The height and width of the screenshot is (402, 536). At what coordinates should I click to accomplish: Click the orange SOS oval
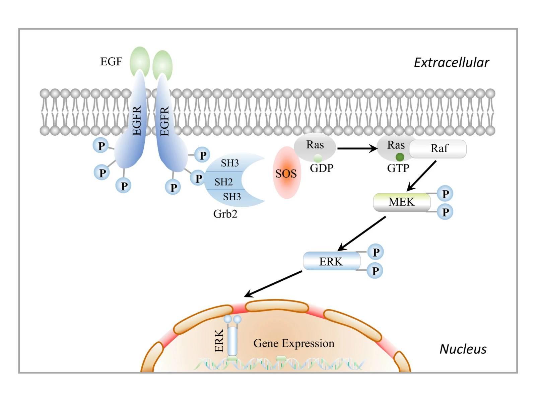[287, 173]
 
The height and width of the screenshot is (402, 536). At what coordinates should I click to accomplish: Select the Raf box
[438, 149]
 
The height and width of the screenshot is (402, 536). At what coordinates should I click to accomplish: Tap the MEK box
[402, 202]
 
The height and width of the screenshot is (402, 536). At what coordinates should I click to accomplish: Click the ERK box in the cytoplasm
[332, 261]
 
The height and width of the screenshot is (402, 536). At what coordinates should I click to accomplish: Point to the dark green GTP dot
[400, 157]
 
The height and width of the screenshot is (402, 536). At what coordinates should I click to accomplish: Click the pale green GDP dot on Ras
[318, 158]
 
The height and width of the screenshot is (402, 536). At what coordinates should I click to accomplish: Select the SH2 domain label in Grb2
[223, 182]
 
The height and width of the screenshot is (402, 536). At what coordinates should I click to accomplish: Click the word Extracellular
[452, 63]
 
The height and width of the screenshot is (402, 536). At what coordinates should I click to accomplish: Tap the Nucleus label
[463, 349]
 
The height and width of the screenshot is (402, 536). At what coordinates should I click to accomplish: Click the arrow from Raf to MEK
[421, 176]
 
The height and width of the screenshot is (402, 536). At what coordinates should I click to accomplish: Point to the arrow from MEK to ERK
[362, 233]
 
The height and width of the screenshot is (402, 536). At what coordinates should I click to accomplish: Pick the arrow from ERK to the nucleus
[273, 284]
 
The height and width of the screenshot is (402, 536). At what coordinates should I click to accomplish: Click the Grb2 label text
[225, 214]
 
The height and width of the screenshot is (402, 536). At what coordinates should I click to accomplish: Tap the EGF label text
[111, 62]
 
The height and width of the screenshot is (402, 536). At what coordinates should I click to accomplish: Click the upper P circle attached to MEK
[445, 194]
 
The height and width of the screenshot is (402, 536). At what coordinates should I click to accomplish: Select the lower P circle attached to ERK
[375, 271]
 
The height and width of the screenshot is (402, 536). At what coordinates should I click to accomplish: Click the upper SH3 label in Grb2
[230, 163]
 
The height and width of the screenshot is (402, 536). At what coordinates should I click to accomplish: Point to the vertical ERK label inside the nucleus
[219, 340]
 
